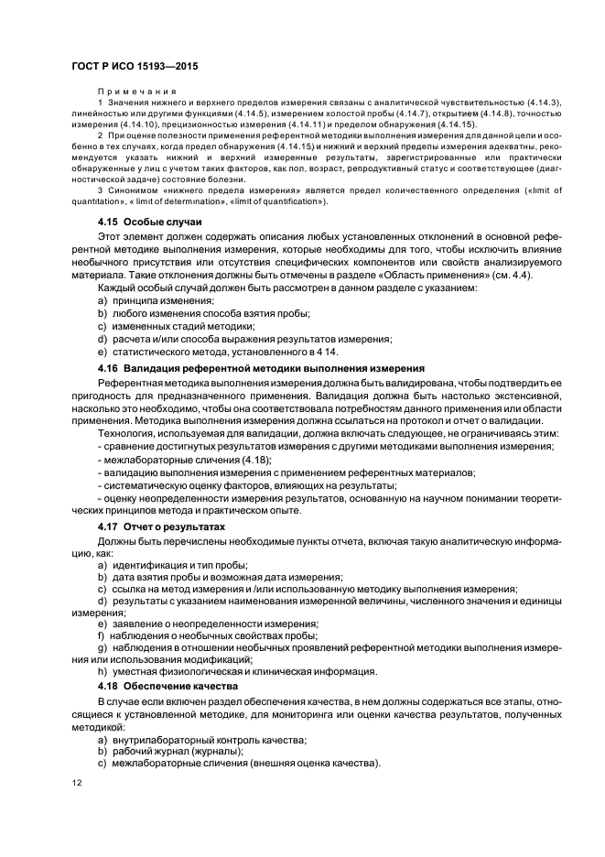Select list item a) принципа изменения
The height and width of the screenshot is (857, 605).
[x=156, y=301]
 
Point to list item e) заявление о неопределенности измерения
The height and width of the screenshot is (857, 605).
[x=194, y=624]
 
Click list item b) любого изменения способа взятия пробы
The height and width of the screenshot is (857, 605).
[x=203, y=313]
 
